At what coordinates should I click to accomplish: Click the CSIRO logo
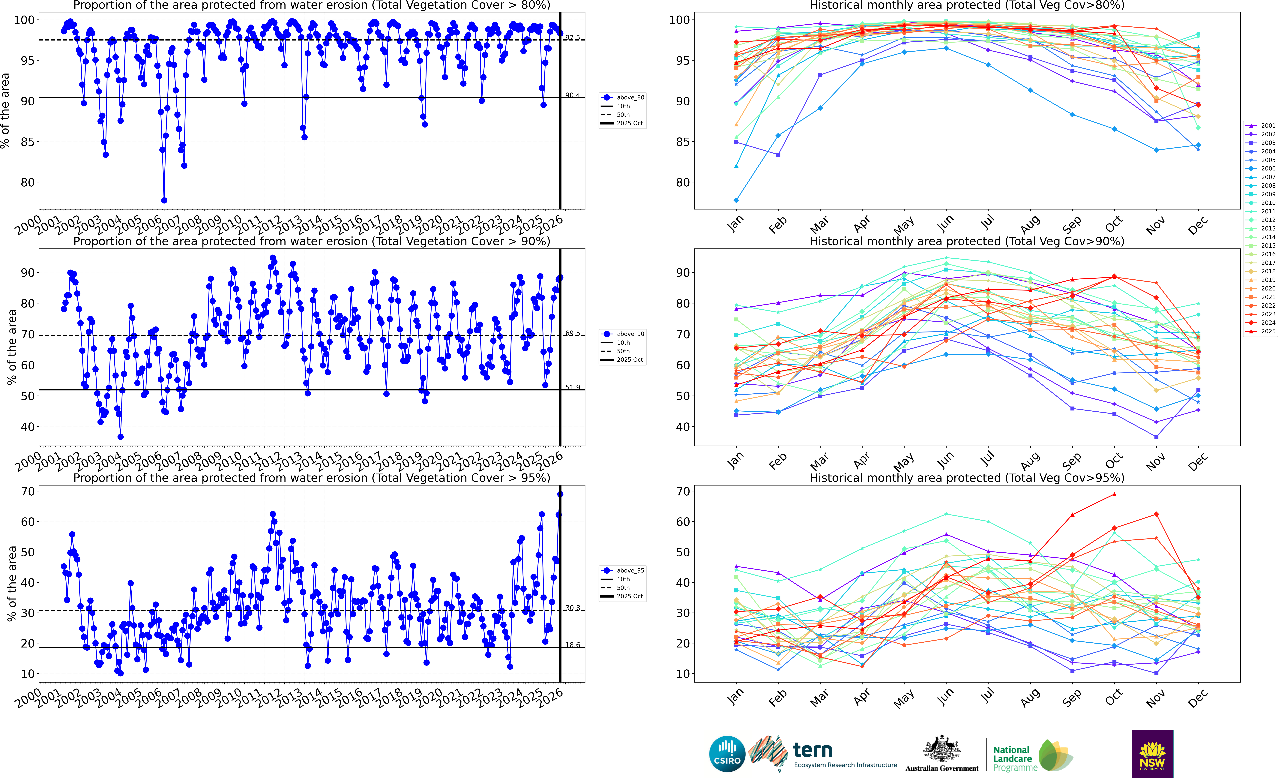click(x=727, y=754)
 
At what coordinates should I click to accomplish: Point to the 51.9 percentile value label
click(x=573, y=387)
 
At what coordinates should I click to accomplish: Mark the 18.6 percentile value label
click(x=573, y=645)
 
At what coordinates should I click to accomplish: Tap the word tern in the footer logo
click(x=812, y=750)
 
